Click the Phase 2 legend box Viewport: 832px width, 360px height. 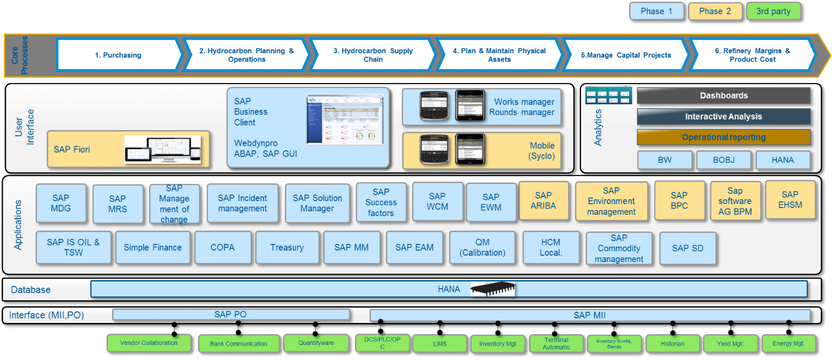pyautogui.click(x=710, y=11)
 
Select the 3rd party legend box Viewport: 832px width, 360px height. pyautogui.click(x=773, y=11)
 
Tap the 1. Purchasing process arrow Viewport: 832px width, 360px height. pyautogui.click(x=118, y=55)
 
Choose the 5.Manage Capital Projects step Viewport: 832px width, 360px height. pyautogui.click(x=626, y=55)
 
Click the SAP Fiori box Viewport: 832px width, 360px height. pyautogui.click(x=128, y=149)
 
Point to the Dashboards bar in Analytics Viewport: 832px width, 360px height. pyautogui.click(x=723, y=96)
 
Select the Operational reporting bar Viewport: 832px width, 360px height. pyautogui.click(x=723, y=137)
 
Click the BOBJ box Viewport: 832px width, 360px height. pyautogui.click(x=723, y=160)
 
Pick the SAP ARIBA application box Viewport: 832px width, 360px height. pyautogui.click(x=543, y=201)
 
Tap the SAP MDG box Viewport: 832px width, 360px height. pyautogui.click(x=61, y=204)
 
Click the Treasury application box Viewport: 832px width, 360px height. pyautogui.click(x=287, y=247)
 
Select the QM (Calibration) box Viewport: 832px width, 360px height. pyautogui.click(x=482, y=247)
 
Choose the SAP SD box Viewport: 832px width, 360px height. pyautogui.click(x=687, y=248)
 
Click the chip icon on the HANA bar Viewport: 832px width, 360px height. pyautogui.click(x=492, y=289)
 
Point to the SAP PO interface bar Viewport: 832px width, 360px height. pyautogui.click(x=230, y=315)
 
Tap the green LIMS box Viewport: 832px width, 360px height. pyautogui.click(x=440, y=343)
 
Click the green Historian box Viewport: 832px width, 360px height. pyautogui.click(x=673, y=343)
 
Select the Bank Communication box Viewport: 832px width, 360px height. pyautogui.click(x=238, y=343)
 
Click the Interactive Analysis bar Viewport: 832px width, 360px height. pyautogui.click(x=723, y=117)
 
